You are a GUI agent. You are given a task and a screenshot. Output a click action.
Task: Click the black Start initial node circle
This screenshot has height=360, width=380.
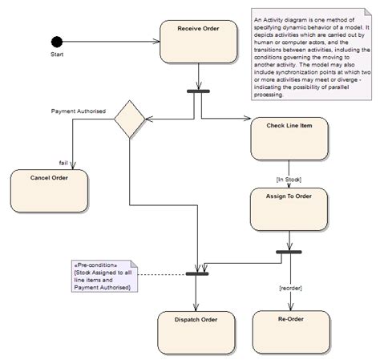click(x=56, y=42)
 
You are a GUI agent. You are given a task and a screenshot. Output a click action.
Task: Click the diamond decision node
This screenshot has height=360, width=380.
click(x=130, y=120)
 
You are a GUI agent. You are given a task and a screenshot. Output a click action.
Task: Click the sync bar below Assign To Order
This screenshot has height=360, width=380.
click(x=289, y=253)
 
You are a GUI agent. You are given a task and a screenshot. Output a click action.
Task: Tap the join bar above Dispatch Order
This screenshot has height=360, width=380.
click(x=197, y=273)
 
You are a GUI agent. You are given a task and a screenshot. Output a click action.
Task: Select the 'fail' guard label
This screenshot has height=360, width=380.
click(x=63, y=163)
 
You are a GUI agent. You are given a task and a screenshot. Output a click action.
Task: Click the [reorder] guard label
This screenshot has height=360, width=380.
click(x=289, y=287)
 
